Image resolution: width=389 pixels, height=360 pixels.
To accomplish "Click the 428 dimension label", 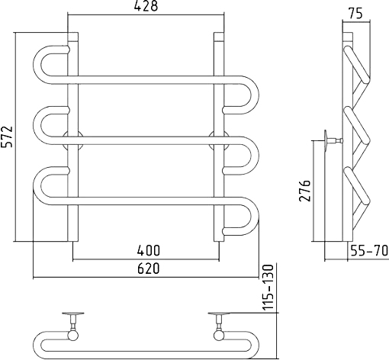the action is pyautogui.click(x=146, y=6).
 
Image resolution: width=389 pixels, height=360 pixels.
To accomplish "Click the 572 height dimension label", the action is pyautogui.click(x=7, y=137).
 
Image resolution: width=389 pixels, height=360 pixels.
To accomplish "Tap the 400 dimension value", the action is pyautogui.click(x=149, y=250).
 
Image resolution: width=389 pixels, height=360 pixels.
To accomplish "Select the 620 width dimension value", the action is pyautogui.click(x=149, y=268).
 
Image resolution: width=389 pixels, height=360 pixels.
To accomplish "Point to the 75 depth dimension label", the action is pyautogui.click(x=355, y=14).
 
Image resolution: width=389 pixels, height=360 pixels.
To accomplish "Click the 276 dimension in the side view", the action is pyautogui.click(x=305, y=191).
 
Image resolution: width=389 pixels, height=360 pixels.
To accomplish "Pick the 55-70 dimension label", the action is pyautogui.click(x=369, y=251).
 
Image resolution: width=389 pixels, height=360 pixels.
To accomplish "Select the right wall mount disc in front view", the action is pyautogui.click(x=219, y=140).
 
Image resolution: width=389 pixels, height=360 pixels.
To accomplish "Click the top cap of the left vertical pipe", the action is pyautogui.click(x=72, y=37).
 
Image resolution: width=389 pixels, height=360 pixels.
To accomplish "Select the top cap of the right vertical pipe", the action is pyautogui.click(x=219, y=37).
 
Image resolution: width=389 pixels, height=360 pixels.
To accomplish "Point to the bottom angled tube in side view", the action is pyautogui.click(x=356, y=186).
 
